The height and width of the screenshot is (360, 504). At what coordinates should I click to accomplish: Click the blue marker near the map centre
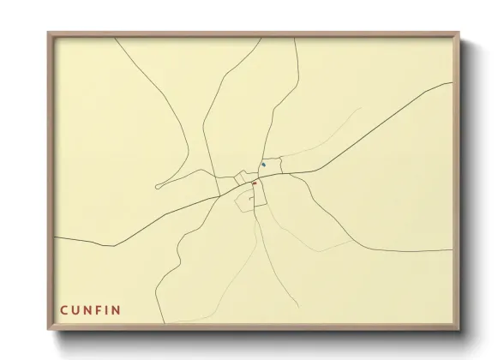[263, 165]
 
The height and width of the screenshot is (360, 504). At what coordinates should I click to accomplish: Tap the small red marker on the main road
[255, 183]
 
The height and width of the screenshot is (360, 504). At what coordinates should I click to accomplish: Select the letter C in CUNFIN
[63, 309]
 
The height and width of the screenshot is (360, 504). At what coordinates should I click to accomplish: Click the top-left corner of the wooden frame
[49, 33]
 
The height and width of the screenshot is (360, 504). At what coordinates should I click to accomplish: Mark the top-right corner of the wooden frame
[459, 33]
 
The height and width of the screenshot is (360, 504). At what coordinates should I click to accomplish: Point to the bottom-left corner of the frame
[49, 329]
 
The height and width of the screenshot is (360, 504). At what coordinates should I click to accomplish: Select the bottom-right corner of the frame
[459, 329]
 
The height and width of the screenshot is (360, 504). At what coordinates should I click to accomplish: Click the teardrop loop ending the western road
[159, 185]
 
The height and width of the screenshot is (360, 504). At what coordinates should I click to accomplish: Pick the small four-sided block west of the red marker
[242, 178]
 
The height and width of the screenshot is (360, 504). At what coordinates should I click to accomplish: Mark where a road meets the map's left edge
[55, 236]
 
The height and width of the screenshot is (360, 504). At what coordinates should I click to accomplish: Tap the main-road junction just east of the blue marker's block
[290, 172]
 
